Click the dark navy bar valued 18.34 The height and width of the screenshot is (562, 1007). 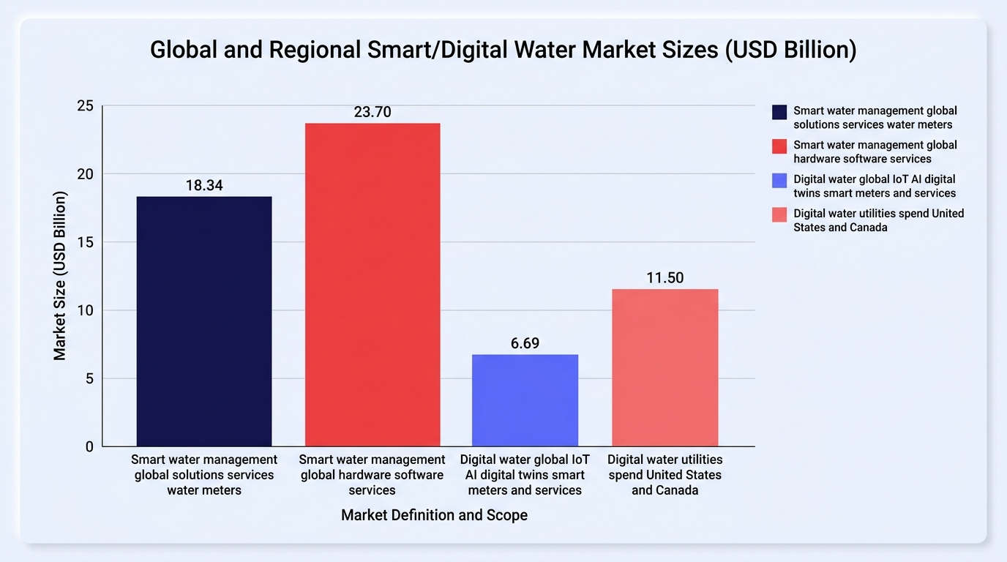pyautogui.click(x=204, y=321)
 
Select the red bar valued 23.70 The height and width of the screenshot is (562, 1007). pyautogui.click(x=373, y=285)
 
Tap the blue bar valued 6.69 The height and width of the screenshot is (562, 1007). pyautogui.click(x=525, y=400)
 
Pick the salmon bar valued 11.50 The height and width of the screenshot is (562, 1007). pyautogui.click(x=665, y=368)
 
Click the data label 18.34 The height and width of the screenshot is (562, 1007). pyautogui.click(x=204, y=185)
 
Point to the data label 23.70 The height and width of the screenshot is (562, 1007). pyautogui.click(x=373, y=111)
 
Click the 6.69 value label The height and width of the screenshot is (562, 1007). pyautogui.click(x=525, y=343)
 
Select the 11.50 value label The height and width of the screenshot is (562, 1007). pyautogui.click(x=665, y=278)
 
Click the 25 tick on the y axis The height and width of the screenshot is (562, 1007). pyautogui.click(x=86, y=105)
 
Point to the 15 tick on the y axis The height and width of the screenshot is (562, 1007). pyautogui.click(x=86, y=242)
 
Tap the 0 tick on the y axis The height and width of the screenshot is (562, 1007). pyautogui.click(x=89, y=447)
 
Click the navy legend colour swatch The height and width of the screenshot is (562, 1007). pyautogui.click(x=779, y=113)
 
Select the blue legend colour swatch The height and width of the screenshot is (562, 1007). pyautogui.click(x=779, y=181)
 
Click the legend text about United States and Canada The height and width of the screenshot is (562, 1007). pyautogui.click(x=878, y=220)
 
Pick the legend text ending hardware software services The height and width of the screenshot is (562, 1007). pyautogui.click(x=875, y=152)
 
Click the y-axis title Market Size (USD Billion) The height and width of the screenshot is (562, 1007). pyautogui.click(x=59, y=276)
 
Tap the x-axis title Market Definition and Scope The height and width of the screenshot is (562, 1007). pyautogui.click(x=434, y=515)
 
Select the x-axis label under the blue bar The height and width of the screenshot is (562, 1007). pyautogui.click(x=525, y=475)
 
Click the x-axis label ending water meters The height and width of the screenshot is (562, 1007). pyautogui.click(x=204, y=475)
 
